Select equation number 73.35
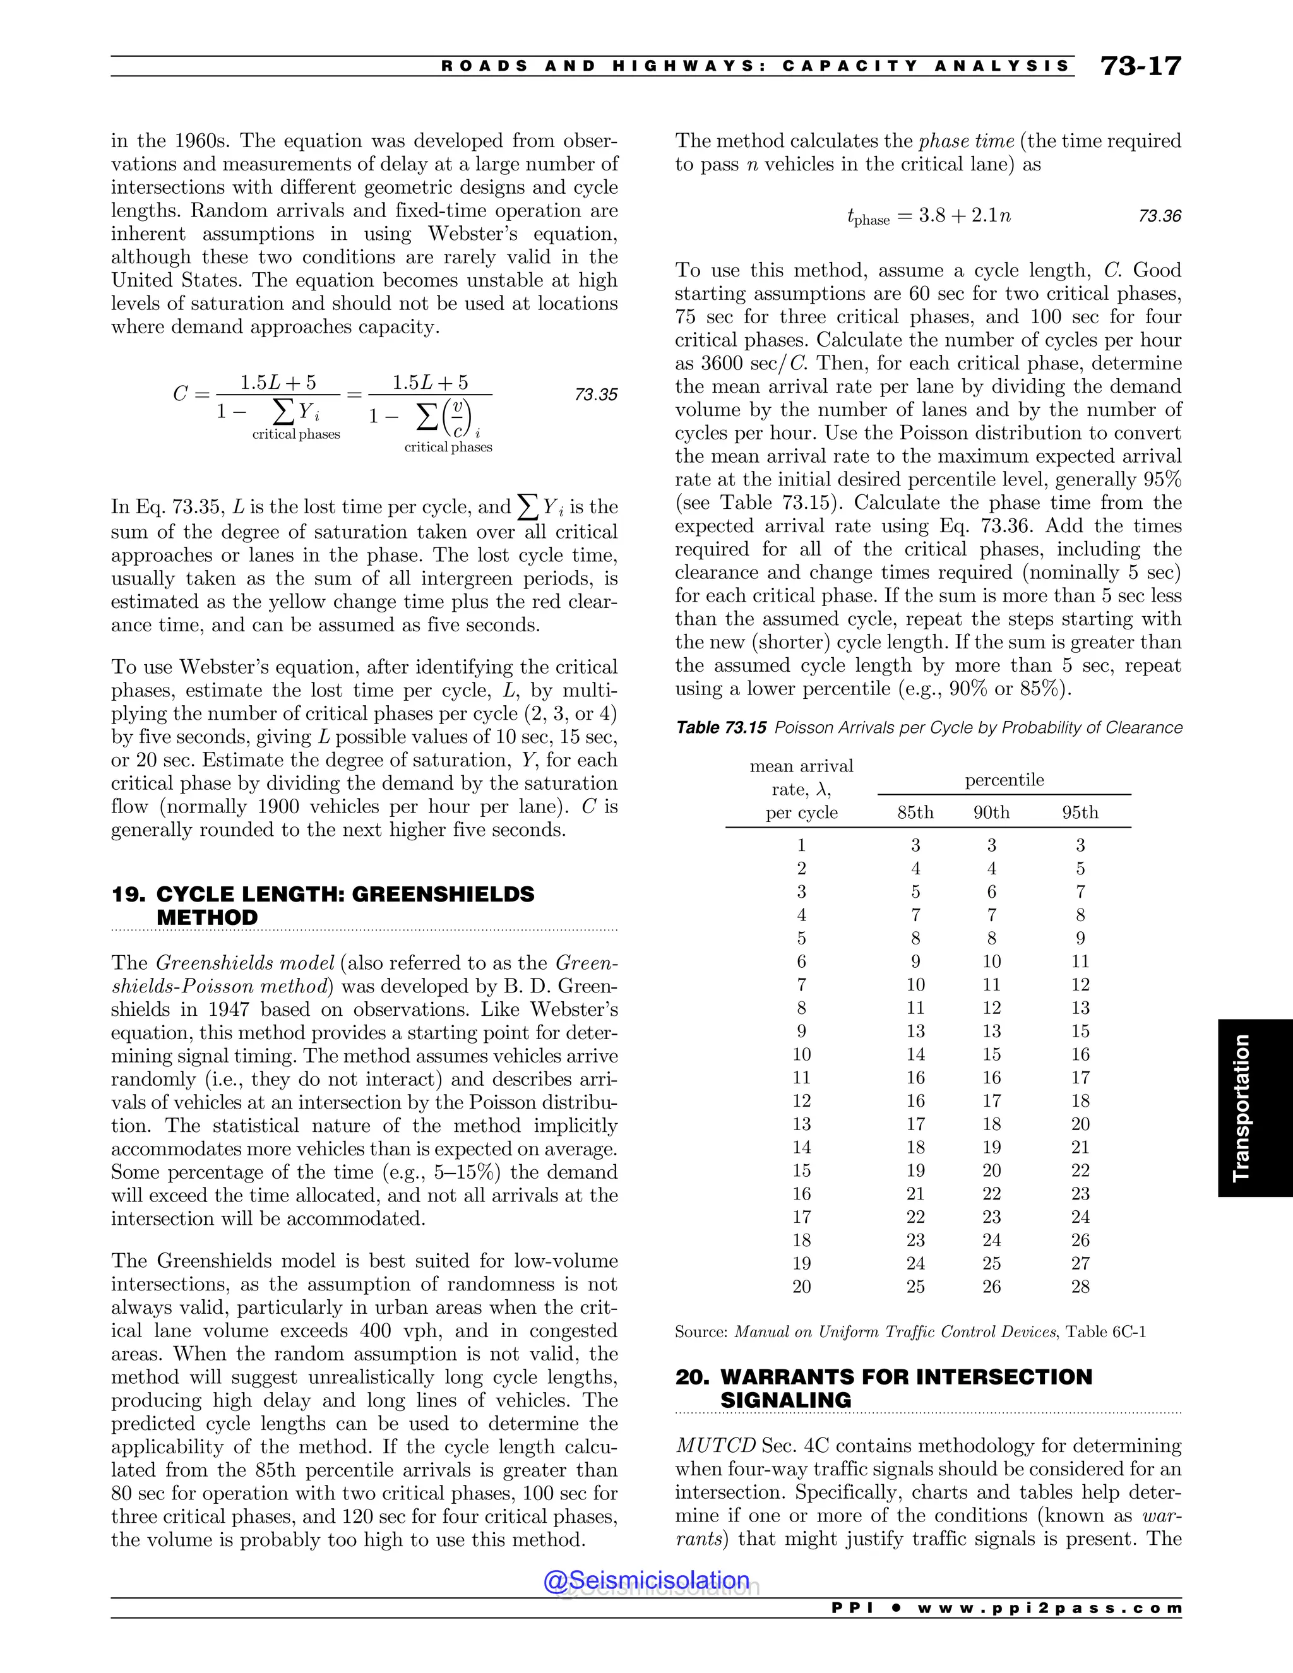coord(595,395)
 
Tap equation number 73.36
coord(1159,216)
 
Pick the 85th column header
coord(915,813)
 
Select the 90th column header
coord(991,813)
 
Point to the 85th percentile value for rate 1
coord(915,846)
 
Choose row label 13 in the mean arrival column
coord(801,1124)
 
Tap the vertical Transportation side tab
coord(1242,1108)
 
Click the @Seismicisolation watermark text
coord(646,1580)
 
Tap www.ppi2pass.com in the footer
coord(1049,1608)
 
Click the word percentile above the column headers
coord(1003,780)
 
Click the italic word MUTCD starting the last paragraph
coord(715,1446)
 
